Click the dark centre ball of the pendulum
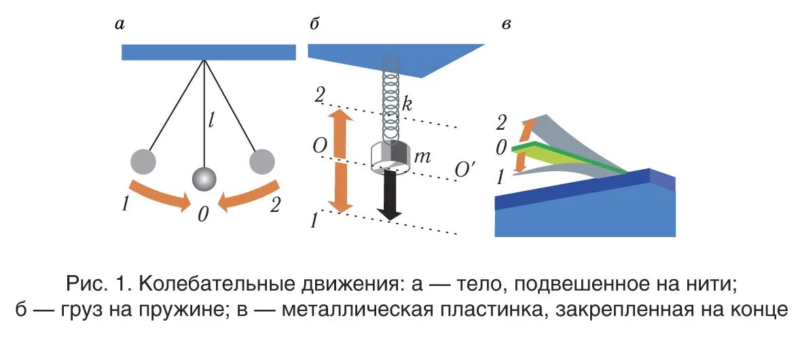pyautogui.click(x=203, y=178)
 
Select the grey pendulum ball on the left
pyautogui.click(x=143, y=162)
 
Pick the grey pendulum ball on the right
pyautogui.click(x=262, y=162)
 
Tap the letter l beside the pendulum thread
pyautogui.click(x=212, y=122)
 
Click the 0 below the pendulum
pyautogui.click(x=203, y=215)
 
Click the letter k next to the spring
pyautogui.click(x=407, y=104)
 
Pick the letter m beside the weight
pyautogui.click(x=423, y=157)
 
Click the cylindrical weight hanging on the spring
pyautogui.click(x=390, y=158)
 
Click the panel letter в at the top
pyautogui.click(x=507, y=24)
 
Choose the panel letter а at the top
pyautogui.click(x=120, y=24)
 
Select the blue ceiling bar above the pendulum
pyautogui.click(x=208, y=52)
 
